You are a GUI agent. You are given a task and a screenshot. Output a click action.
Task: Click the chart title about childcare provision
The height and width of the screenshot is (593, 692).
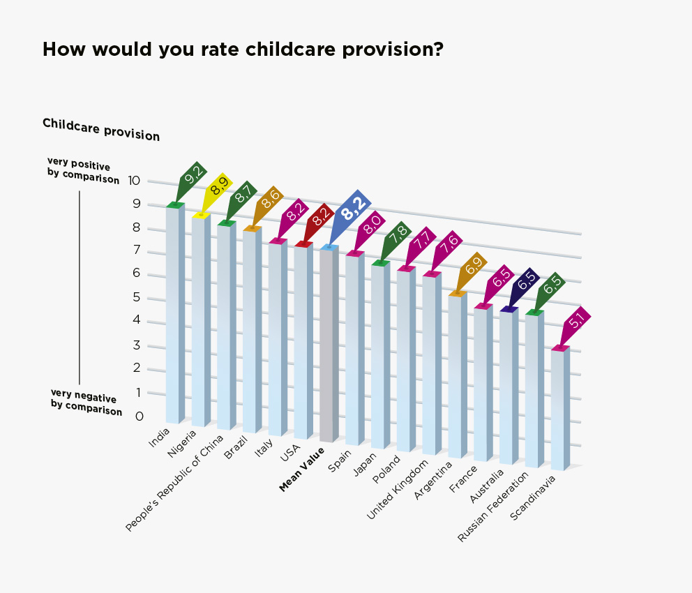coord(243,50)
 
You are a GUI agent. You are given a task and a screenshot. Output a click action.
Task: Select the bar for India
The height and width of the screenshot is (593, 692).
coord(174,314)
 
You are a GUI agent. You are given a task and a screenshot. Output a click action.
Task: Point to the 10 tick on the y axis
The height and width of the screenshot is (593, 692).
coord(135,181)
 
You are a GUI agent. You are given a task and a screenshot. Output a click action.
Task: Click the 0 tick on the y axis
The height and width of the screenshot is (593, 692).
coord(139,416)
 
